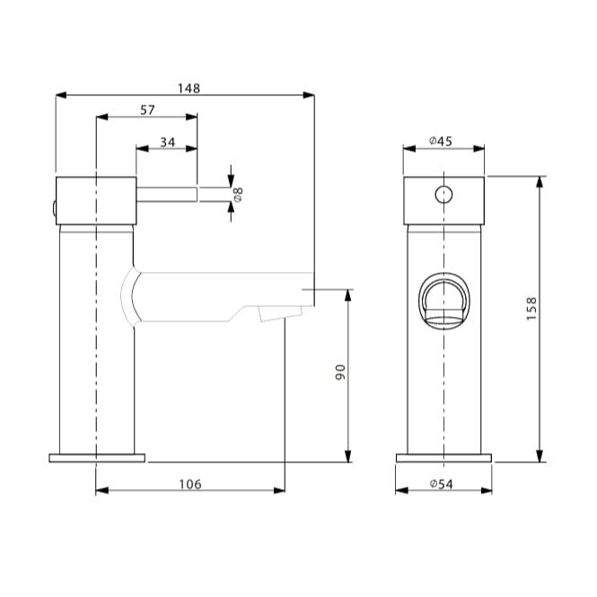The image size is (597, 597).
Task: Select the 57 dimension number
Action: [x=147, y=110]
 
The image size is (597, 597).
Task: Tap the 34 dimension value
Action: [x=168, y=142]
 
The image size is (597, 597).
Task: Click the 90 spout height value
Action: [x=340, y=372]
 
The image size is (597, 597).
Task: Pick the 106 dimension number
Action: [x=189, y=484]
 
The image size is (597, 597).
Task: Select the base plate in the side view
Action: [x=97, y=458]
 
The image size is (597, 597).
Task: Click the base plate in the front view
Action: [x=444, y=458]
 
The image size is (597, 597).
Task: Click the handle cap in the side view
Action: [x=96, y=198]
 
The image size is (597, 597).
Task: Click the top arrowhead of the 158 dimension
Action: [x=540, y=181]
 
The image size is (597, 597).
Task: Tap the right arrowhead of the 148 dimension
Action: [x=309, y=95]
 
